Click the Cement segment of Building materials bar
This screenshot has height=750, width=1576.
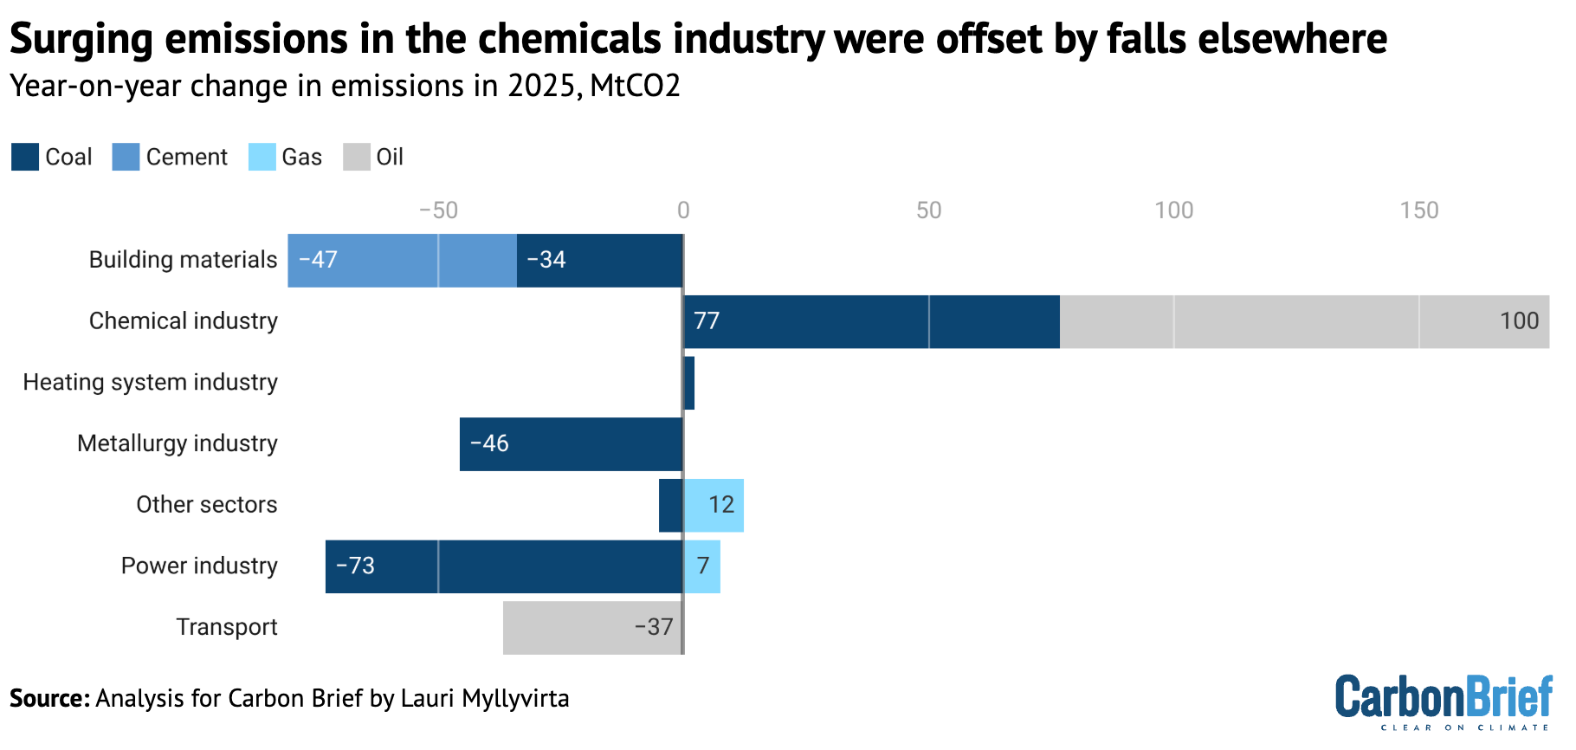pos(402,260)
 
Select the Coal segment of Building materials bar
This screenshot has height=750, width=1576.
pos(599,260)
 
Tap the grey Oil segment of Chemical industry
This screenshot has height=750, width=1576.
pos(1303,321)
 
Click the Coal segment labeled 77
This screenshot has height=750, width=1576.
pos(871,321)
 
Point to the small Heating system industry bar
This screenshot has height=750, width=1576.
pos(689,383)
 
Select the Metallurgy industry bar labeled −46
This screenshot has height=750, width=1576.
pos(572,444)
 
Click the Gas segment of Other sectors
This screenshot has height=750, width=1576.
pos(714,505)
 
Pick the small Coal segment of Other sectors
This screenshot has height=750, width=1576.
pos(671,505)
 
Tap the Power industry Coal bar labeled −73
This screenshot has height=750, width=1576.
pos(504,566)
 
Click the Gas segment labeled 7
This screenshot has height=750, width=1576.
pos(702,566)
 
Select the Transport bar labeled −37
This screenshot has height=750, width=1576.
pos(592,628)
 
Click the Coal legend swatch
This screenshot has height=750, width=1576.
pos(25,157)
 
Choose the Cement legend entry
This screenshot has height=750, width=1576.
pos(170,157)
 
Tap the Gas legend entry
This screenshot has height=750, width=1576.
pos(286,157)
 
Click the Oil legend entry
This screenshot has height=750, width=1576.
pos(373,157)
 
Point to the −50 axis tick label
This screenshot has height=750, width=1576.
pos(438,210)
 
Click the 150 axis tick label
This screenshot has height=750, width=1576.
pos(1419,210)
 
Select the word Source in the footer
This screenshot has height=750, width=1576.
pos(48,698)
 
